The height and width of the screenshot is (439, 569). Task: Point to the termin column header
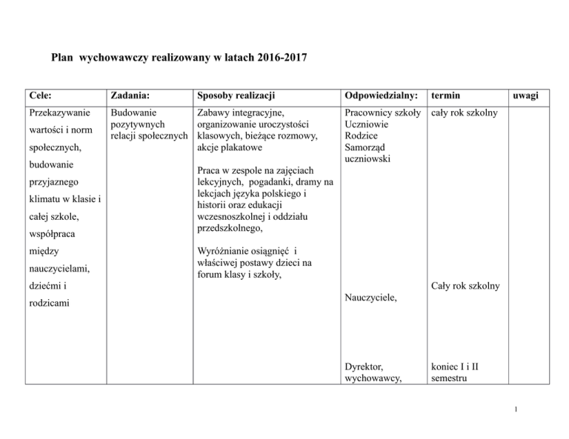click(x=448, y=95)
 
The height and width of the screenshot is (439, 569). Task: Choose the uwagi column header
click(x=528, y=95)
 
